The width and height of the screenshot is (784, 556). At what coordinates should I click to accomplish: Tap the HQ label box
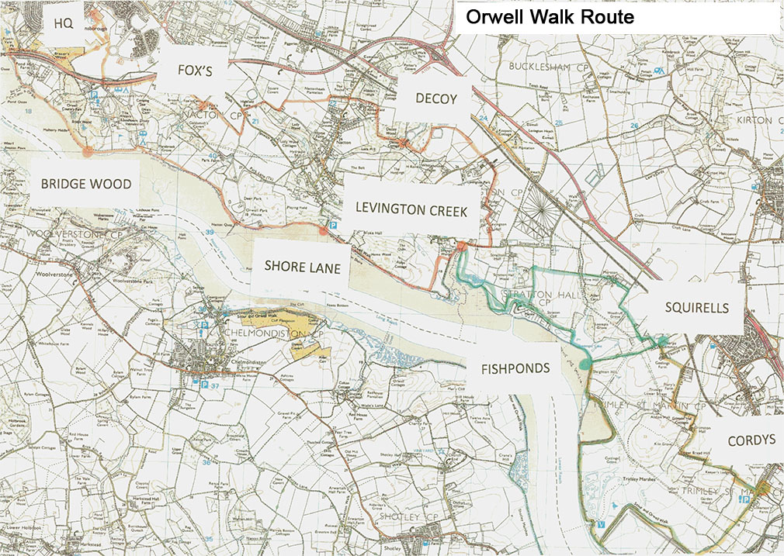(x=63, y=22)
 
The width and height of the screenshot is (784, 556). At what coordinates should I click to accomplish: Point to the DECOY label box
(x=435, y=98)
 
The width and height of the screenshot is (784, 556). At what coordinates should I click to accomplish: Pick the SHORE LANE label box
(x=302, y=265)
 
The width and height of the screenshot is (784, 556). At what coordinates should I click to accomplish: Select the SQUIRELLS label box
(x=696, y=308)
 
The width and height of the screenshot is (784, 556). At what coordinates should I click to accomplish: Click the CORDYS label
(x=751, y=440)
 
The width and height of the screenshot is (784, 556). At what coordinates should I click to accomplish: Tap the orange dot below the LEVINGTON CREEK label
(x=460, y=246)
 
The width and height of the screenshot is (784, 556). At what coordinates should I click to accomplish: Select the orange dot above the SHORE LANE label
(x=322, y=230)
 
